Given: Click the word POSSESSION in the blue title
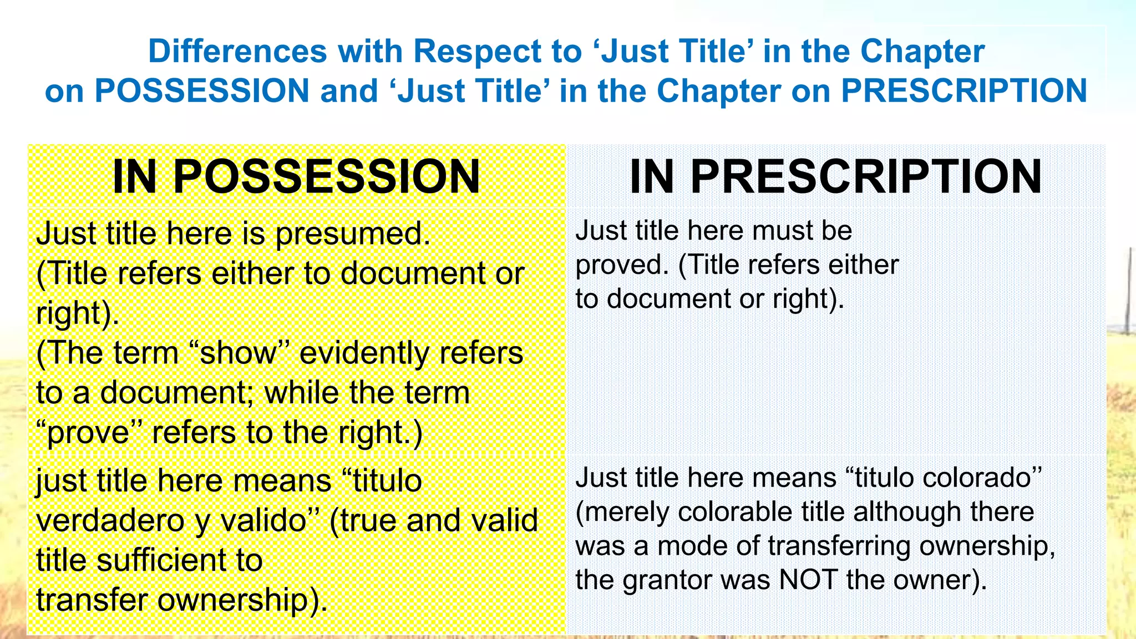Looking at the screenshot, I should (x=201, y=91).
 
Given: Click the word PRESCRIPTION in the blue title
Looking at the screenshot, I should (x=963, y=91).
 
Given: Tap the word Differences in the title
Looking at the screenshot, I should (x=237, y=52).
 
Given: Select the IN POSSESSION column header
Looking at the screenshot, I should (x=296, y=177).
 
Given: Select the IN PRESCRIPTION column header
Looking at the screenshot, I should (x=835, y=177).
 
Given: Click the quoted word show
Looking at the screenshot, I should (x=239, y=353).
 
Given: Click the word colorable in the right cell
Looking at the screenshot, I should (x=729, y=512).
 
